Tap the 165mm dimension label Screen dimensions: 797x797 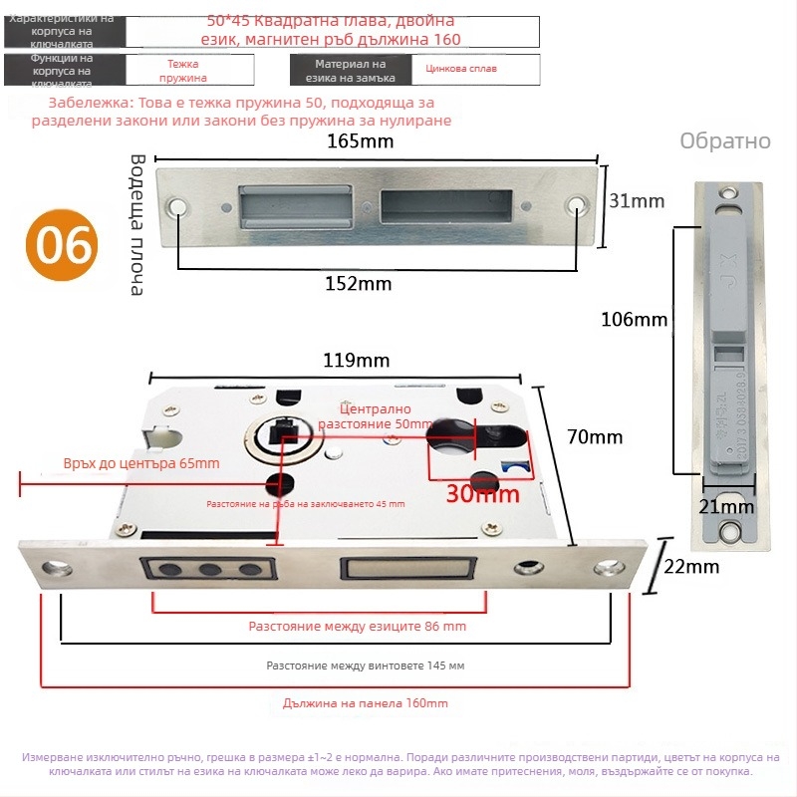pos(360,141)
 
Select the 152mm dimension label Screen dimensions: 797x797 pos(359,283)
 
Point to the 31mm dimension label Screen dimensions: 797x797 pos(636,201)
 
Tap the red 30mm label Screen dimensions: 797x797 pos(482,492)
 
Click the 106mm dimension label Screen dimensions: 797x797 pos(634,320)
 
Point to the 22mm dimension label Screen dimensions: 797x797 pos(690,567)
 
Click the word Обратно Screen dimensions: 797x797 pos(725,140)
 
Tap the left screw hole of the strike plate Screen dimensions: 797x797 pos(180,206)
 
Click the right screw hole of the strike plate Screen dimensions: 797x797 pos(576,206)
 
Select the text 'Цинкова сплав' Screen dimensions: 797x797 pos(461,69)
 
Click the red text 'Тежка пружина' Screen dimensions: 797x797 pos(182,69)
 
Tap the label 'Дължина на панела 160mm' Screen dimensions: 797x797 pos(365,703)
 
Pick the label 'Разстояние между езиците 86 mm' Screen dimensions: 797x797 pos(357,627)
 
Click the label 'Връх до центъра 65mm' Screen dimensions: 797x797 pos(140,463)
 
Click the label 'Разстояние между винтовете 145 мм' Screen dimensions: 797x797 pos(365,664)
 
